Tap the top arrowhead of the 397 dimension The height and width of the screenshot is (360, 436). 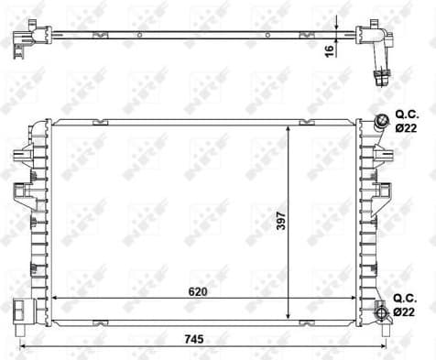tap(290, 125)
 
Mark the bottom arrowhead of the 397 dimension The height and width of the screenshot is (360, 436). tap(290, 314)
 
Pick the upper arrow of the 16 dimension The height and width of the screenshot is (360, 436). tap(338, 24)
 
